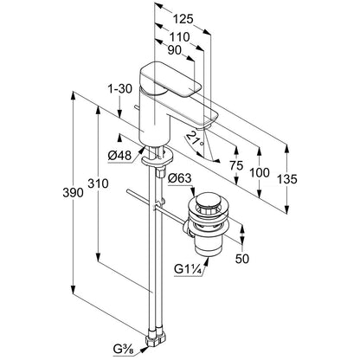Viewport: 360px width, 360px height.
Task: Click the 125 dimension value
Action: point(183,19)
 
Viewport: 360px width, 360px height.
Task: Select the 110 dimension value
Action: point(179,37)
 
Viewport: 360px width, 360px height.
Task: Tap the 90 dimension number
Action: point(174,50)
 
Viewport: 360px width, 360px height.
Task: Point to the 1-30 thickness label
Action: point(120,89)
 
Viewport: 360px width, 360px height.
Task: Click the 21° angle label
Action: point(196,139)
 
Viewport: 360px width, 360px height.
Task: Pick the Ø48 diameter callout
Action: point(119,156)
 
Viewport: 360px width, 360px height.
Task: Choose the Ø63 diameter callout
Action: point(179,178)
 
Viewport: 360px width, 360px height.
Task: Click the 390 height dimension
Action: point(73,193)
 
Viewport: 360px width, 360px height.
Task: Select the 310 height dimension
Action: point(98,183)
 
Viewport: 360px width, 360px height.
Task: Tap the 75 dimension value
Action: point(236,165)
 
